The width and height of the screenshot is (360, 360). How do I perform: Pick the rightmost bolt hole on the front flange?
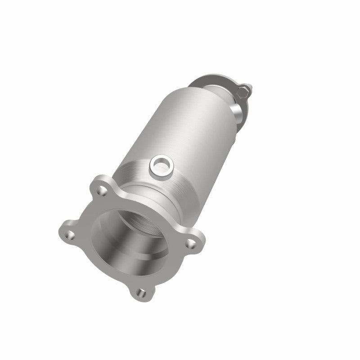pos(192,243)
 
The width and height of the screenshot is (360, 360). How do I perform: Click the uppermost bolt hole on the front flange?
pos(102,192)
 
